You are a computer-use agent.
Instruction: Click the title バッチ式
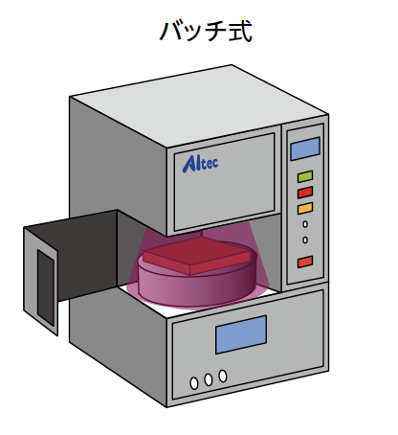point(206,31)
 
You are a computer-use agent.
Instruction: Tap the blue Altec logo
point(200,164)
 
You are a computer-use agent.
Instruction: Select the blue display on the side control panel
point(305,149)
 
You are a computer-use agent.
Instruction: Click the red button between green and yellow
point(305,193)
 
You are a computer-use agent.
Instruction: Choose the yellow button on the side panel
point(305,208)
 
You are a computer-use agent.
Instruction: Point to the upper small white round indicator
point(305,224)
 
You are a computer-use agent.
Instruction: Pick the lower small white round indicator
point(305,240)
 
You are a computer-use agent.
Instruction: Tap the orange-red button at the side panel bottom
point(305,262)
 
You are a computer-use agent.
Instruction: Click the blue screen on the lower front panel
point(241,334)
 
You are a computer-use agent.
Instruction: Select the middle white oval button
point(209,379)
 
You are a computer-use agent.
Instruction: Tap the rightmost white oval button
point(223,376)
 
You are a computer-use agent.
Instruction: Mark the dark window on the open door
point(46,286)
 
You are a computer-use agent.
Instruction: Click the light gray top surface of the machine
point(199,105)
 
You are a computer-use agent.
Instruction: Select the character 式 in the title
point(240,31)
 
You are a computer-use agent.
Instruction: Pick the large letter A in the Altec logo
point(188,164)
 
